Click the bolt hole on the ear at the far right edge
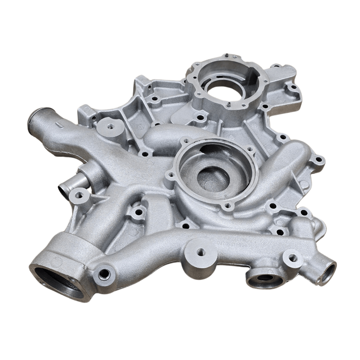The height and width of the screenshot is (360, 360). tap(318, 159)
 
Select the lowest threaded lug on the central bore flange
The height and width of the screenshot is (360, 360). tap(226, 206)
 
